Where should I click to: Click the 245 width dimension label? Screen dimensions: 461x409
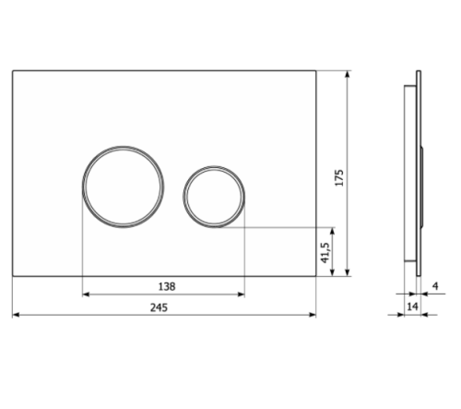tap(159, 307)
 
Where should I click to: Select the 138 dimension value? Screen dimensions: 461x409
tap(167, 286)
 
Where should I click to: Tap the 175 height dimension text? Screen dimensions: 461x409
tap(339, 177)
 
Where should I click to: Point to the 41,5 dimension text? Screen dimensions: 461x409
tap(325, 253)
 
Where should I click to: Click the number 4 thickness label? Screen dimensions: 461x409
tap(435, 286)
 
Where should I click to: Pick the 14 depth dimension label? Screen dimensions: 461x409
tap(412, 307)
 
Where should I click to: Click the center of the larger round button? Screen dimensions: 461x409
tap(123, 186)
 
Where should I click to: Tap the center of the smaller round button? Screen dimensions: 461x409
tap(214, 197)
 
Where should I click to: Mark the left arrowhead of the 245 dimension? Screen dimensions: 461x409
tap(16, 315)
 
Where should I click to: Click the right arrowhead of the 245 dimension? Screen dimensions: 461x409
tap(313, 315)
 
